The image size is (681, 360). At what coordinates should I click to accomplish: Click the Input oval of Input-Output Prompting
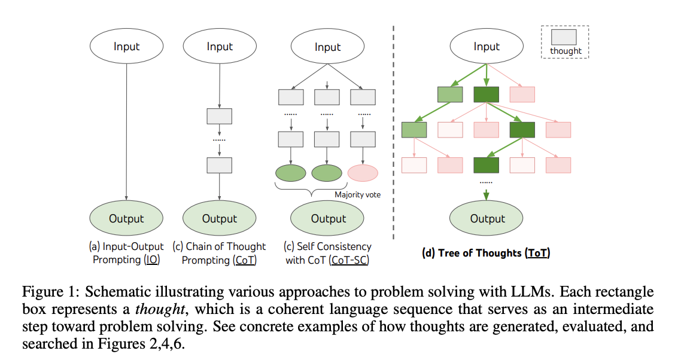pyautogui.click(x=126, y=46)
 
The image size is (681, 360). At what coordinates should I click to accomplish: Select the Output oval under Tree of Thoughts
pyautogui.click(x=486, y=218)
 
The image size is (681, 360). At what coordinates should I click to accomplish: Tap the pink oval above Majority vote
pyautogui.click(x=363, y=173)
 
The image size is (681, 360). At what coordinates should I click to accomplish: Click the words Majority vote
pyautogui.click(x=357, y=194)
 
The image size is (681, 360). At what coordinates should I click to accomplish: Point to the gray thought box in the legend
pyautogui.click(x=564, y=37)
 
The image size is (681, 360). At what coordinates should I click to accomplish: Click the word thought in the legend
pyautogui.click(x=566, y=51)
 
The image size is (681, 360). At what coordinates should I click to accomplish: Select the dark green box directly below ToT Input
pyautogui.click(x=486, y=94)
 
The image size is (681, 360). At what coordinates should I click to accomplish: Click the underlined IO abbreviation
pyautogui.click(x=152, y=260)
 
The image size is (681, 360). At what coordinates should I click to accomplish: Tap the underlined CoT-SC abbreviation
pyautogui.click(x=349, y=260)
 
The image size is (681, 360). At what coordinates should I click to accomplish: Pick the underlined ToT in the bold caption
pyautogui.click(x=537, y=253)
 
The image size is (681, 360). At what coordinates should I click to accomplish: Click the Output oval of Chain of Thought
pyautogui.click(x=220, y=218)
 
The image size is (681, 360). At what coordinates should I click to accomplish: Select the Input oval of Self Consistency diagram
pyautogui.click(x=327, y=47)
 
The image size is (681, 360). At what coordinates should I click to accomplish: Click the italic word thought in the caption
pyautogui.click(x=160, y=309)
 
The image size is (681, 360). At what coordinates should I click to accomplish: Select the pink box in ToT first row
pyautogui.click(x=522, y=94)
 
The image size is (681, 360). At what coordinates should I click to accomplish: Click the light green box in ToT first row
pyautogui.click(x=450, y=94)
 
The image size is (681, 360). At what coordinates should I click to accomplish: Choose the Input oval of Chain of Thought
pyautogui.click(x=220, y=46)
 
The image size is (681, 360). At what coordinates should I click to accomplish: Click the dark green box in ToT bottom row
pyautogui.click(x=486, y=165)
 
